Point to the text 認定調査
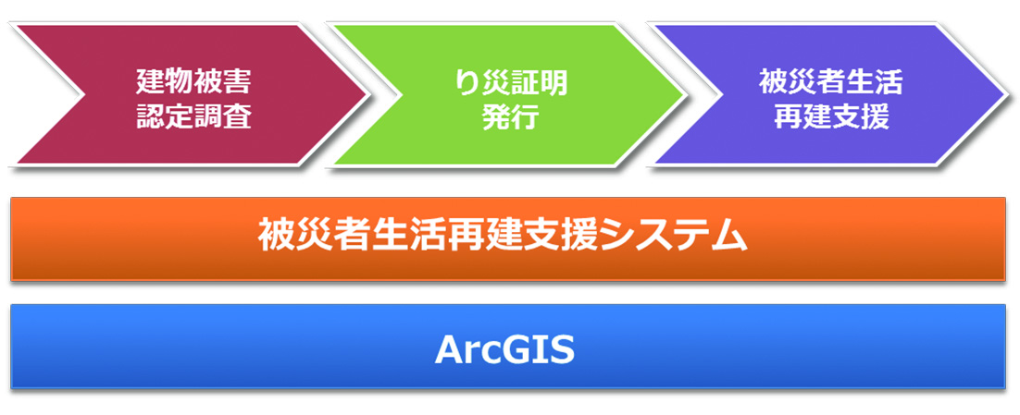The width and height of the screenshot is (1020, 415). pyautogui.click(x=193, y=117)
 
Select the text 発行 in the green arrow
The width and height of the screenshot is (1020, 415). pyautogui.click(x=509, y=117)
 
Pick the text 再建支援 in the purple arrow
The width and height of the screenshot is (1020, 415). pyautogui.click(x=830, y=117)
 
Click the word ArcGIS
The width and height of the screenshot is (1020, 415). pyautogui.click(x=505, y=348)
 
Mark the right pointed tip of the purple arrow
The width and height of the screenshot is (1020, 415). pyautogui.click(x=1001, y=94)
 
